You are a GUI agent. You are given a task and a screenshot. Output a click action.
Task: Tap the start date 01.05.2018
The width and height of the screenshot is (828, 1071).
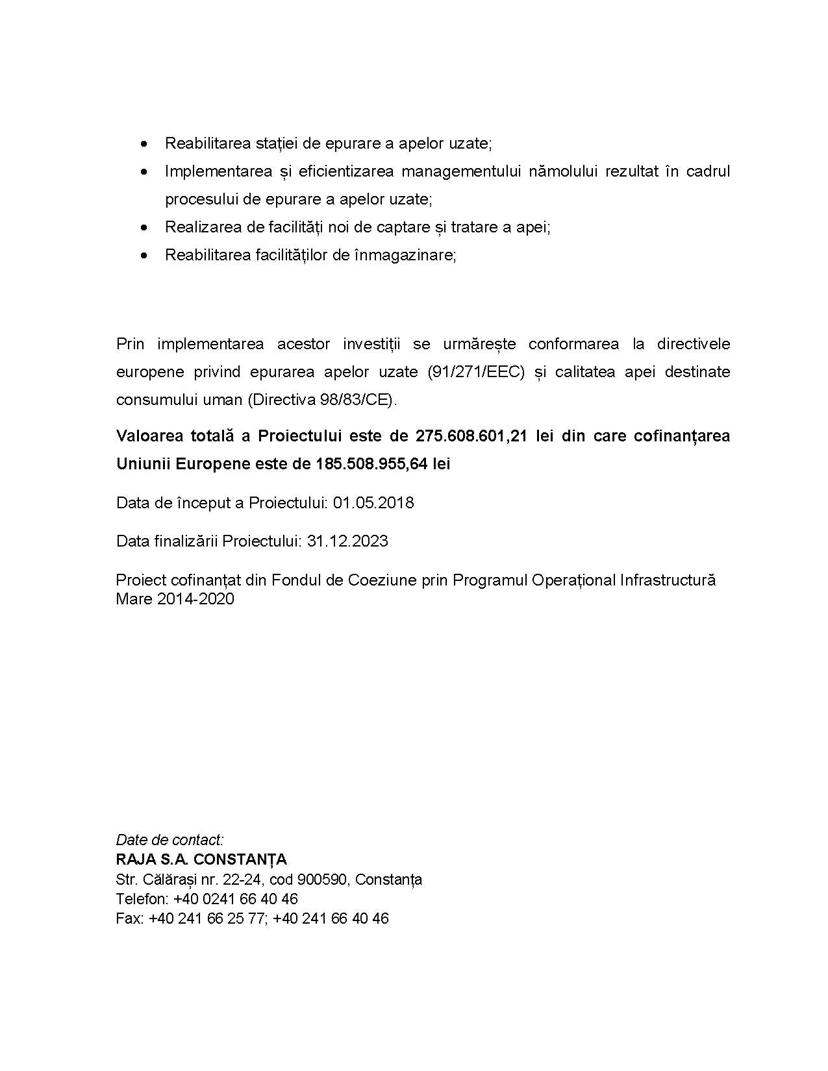(373, 503)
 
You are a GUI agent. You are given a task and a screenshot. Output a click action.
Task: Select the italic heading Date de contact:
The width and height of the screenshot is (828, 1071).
(169, 839)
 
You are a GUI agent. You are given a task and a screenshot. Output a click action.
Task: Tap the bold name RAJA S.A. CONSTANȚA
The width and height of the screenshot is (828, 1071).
(201, 859)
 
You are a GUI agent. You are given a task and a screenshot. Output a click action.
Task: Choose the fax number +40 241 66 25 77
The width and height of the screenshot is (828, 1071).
(207, 918)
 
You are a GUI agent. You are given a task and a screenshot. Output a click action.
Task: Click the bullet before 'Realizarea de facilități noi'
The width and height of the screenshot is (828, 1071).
(144, 227)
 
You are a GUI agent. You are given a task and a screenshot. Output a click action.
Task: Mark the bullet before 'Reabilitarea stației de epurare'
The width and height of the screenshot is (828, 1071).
(144, 143)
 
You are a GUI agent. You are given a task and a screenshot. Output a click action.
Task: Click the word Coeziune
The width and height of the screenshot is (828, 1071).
(383, 580)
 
